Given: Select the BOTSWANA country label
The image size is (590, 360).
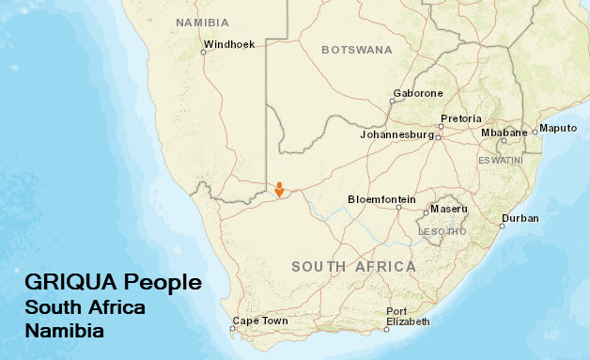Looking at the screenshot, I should click(356, 50).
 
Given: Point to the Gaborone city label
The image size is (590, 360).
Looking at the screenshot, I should click(417, 93).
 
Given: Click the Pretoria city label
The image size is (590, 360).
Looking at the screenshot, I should click(460, 118).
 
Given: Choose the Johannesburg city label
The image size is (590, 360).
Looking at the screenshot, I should click(396, 135).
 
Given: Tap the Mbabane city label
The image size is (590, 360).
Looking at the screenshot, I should click(504, 133).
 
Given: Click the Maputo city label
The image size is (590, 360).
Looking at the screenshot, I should click(558, 128).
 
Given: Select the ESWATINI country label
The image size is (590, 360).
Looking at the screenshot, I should click(500, 161).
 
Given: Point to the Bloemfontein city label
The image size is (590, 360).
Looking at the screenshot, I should click(381, 199).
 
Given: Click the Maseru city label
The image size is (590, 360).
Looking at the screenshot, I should click(448, 209).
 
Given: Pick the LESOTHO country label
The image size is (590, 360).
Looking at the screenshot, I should click(442, 231).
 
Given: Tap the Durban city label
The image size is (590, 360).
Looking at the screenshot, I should click(520, 218).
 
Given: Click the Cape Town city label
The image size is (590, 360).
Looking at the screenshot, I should click(260, 321).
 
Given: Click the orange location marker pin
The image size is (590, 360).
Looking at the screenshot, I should click(279, 189).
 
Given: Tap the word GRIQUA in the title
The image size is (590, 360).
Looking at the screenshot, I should click(69, 283).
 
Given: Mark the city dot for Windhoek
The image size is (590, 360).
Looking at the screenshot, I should click(203, 53).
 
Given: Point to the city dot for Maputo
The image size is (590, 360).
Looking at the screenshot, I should click(535, 133).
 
